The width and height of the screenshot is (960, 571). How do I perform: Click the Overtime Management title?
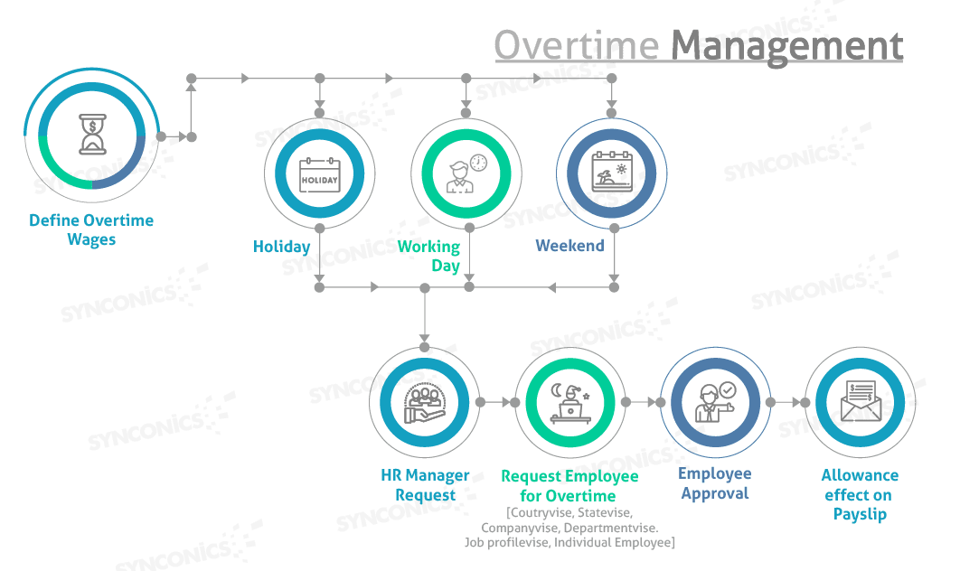click(698, 45)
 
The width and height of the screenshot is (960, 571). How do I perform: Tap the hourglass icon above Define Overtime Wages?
click(91, 136)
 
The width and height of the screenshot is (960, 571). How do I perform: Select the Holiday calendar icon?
click(319, 173)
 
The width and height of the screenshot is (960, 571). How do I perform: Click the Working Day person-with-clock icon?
click(466, 173)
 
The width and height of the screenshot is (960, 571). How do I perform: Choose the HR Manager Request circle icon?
click(424, 402)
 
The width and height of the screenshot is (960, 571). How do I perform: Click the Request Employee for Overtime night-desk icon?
click(570, 402)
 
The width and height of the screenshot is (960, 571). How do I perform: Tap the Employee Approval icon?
click(715, 402)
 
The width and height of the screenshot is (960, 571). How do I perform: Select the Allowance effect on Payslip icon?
click(859, 402)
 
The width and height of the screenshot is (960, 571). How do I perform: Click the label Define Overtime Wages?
click(91, 230)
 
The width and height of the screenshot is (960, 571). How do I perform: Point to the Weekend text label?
click(569, 246)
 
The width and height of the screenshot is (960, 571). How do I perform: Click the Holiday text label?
click(281, 247)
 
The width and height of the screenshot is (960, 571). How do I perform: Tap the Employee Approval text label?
click(715, 483)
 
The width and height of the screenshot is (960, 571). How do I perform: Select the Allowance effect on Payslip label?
click(860, 494)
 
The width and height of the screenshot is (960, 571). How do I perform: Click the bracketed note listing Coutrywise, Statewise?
click(569, 528)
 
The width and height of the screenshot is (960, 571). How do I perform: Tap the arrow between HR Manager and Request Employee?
click(494, 402)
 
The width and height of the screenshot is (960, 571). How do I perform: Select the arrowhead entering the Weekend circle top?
click(611, 111)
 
